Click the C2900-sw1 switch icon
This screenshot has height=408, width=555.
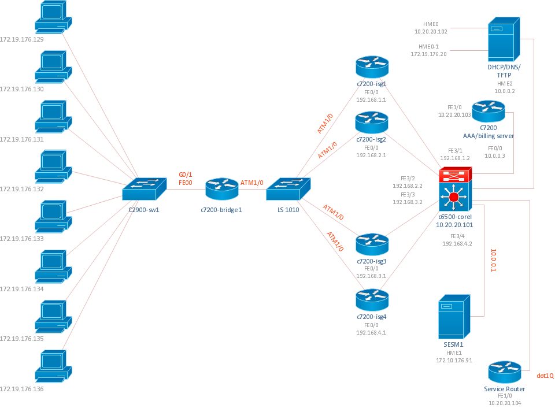[143, 190]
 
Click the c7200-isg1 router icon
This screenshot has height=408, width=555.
[372, 67]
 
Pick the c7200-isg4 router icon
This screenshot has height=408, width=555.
[372, 300]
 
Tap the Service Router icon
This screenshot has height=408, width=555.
[504, 372]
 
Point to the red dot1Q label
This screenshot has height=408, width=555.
[545, 376]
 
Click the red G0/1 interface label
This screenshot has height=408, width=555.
[186, 175]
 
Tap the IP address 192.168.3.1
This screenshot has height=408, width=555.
[371, 276]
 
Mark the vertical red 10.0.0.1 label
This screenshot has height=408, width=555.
[493, 261]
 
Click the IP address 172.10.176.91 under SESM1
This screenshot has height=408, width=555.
[454, 360]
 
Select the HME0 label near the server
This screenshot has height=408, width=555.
[431, 24]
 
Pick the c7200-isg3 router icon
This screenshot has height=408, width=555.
[372, 244]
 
